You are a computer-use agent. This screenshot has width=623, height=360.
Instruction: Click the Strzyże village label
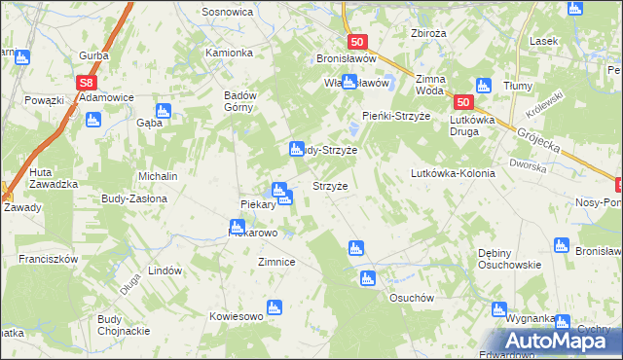pos(329,185)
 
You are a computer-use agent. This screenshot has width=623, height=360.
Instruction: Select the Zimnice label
pos(275,262)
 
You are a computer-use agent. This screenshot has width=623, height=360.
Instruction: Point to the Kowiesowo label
pos(237,316)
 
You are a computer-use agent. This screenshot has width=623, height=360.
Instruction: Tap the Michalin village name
pos(158,176)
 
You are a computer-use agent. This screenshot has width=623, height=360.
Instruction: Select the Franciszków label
pos(48,260)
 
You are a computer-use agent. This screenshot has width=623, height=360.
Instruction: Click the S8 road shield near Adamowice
pos(88,84)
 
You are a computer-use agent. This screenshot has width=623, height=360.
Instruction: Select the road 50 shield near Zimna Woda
pos(463,102)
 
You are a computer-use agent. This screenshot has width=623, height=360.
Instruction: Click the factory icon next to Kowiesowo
pos(275,308)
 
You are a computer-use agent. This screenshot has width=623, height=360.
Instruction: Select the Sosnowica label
pos(227,12)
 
